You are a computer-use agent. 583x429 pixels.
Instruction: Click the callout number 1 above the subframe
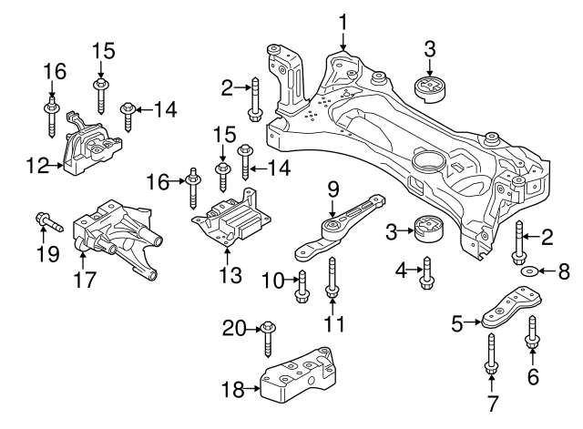[343, 21]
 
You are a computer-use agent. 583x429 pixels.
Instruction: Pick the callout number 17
[85, 281]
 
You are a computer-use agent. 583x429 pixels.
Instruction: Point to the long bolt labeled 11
[333, 277]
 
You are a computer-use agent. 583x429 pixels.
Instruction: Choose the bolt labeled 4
[425, 274]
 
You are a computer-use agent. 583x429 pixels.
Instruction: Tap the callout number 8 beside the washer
[562, 271]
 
